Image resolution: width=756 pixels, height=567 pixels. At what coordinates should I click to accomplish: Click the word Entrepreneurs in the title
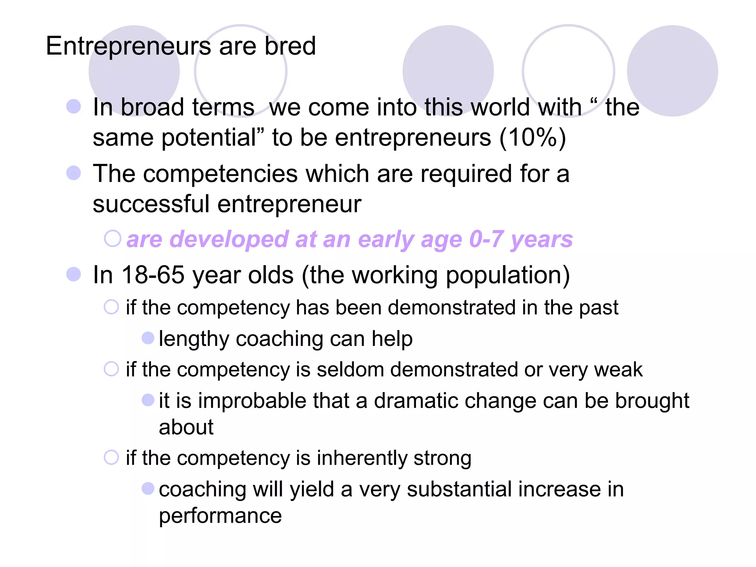[x=128, y=47]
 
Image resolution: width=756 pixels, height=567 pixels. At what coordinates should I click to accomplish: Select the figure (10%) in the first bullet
[x=533, y=138]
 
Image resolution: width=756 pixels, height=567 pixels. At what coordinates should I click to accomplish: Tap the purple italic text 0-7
[x=486, y=239]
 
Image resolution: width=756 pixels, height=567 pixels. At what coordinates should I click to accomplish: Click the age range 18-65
[x=153, y=275]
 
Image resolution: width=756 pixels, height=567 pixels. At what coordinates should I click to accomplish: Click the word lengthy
[x=194, y=339]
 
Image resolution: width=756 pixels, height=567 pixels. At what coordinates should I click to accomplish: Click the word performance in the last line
[x=220, y=516]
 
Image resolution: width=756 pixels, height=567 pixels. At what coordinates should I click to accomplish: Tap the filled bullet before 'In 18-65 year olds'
[x=74, y=274]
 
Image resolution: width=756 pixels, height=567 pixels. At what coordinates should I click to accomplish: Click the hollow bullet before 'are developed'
[x=113, y=238]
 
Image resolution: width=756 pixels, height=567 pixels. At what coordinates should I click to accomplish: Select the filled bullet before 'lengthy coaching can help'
[x=148, y=338]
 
